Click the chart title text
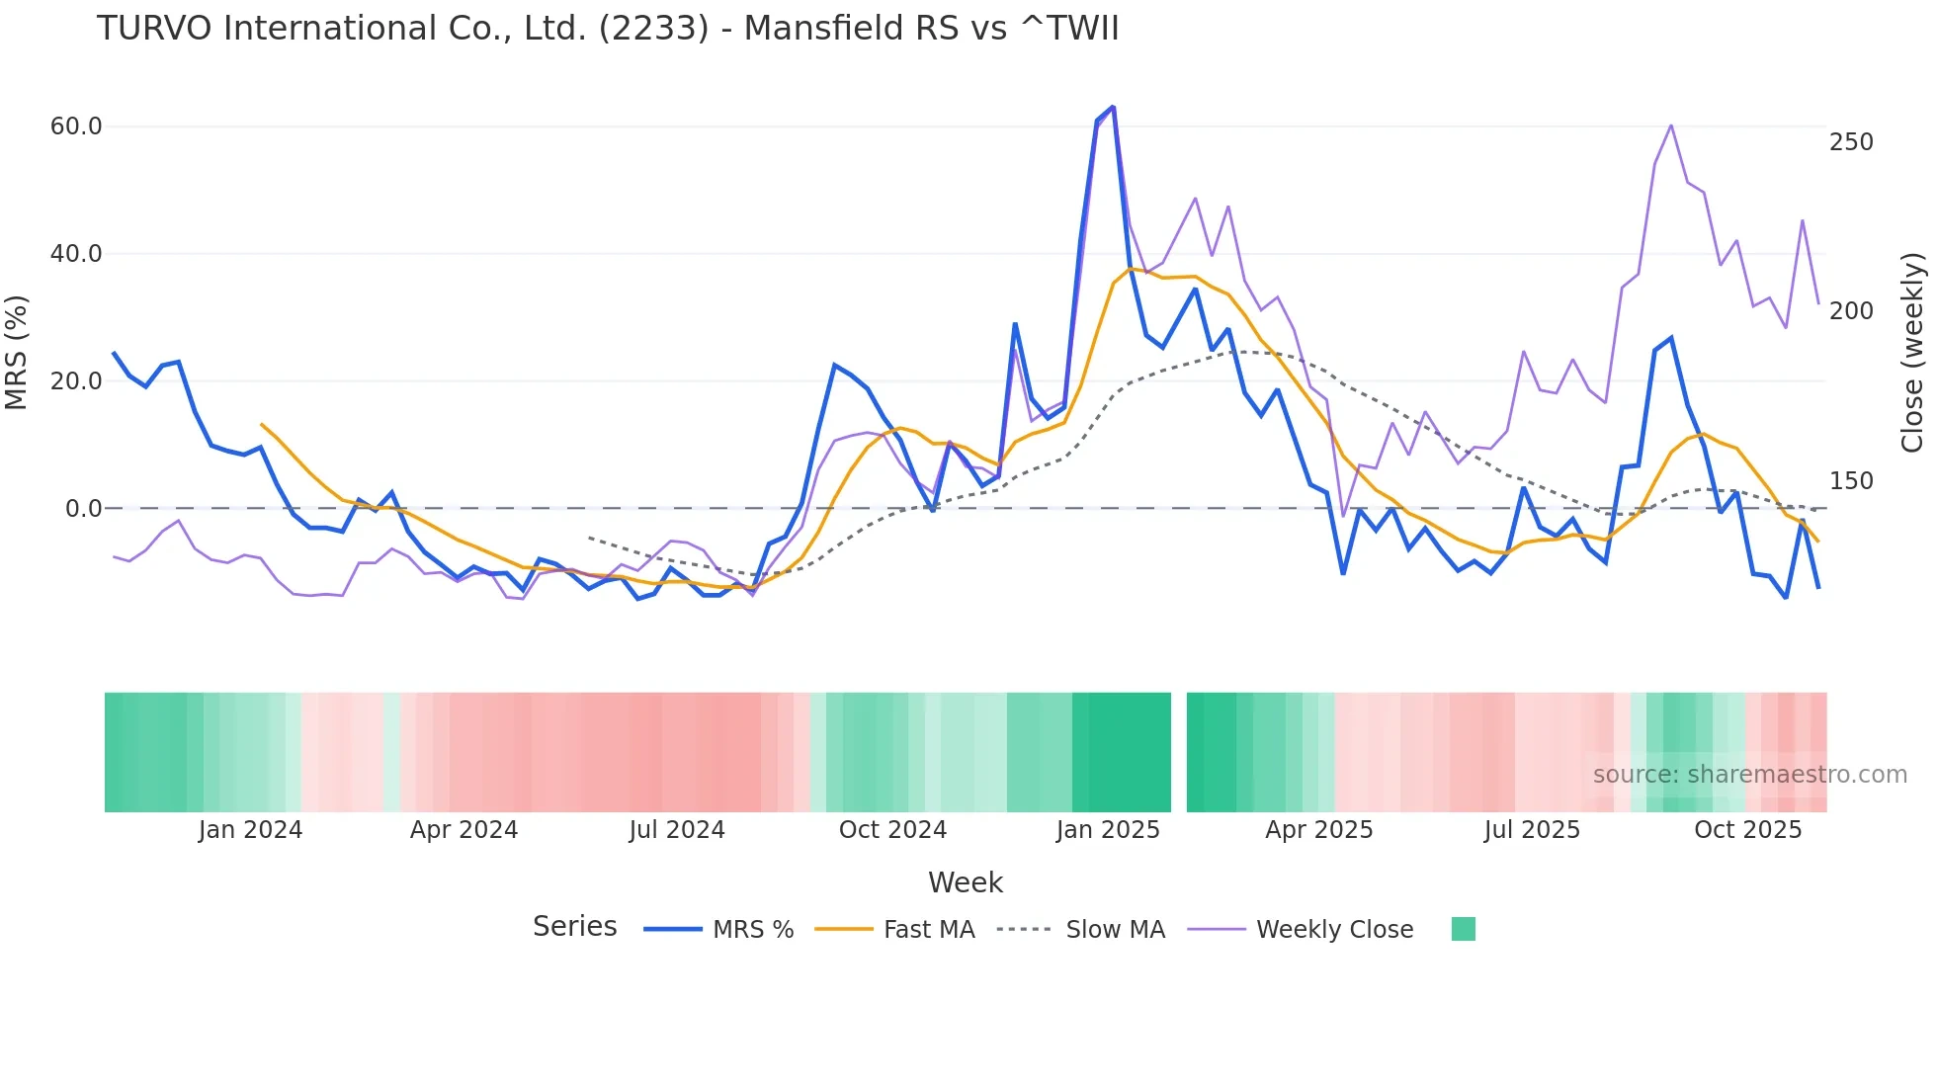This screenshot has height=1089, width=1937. click(607, 29)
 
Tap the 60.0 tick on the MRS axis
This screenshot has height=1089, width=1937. click(76, 126)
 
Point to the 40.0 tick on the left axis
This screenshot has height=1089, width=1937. click(76, 254)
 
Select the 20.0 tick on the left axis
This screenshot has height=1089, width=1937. click(76, 381)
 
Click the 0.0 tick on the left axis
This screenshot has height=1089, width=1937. click(83, 509)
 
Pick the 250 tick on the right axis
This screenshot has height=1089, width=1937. click(1851, 142)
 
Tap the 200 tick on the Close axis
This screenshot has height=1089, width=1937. click(1851, 311)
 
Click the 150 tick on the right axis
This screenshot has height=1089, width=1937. click(1851, 481)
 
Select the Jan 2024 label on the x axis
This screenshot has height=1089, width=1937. click(250, 830)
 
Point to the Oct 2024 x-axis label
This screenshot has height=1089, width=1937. click(892, 830)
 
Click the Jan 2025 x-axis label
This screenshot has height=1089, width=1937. click(1108, 830)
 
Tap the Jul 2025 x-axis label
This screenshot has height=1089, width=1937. click(1532, 830)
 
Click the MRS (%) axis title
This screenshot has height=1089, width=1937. click(17, 353)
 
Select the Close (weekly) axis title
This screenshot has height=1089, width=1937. click(1912, 353)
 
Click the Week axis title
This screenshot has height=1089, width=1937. click(965, 882)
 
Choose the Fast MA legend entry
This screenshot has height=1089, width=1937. click(928, 930)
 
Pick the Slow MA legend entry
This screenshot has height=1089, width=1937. click(1115, 930)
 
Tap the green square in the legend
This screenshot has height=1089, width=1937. click(1463, 929)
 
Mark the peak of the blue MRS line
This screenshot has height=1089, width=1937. click(1113, 107)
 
